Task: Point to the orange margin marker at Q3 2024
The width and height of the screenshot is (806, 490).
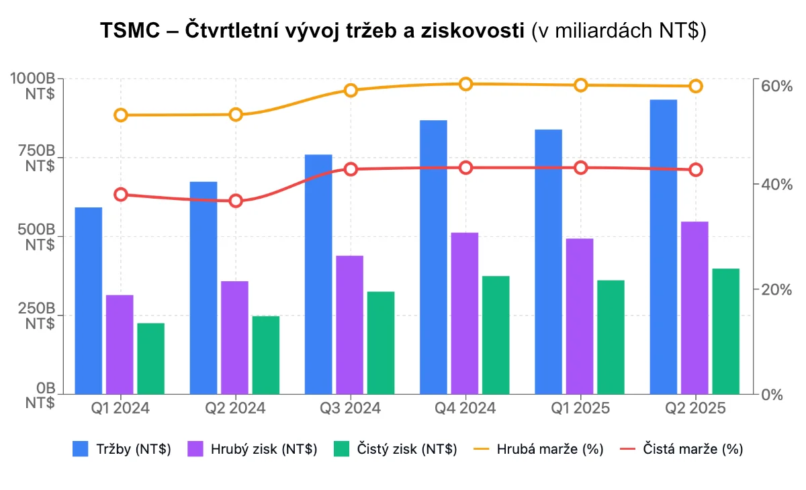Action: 351,91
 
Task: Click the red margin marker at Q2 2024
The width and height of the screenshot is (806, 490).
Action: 236,201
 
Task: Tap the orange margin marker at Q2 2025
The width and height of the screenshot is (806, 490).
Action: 695,86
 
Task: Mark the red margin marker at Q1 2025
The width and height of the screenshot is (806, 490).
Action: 581,168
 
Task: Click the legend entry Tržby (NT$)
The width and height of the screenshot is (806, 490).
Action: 122,449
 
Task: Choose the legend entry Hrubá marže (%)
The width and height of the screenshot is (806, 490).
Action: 537,449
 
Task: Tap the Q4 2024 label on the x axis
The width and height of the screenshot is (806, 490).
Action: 465,408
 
